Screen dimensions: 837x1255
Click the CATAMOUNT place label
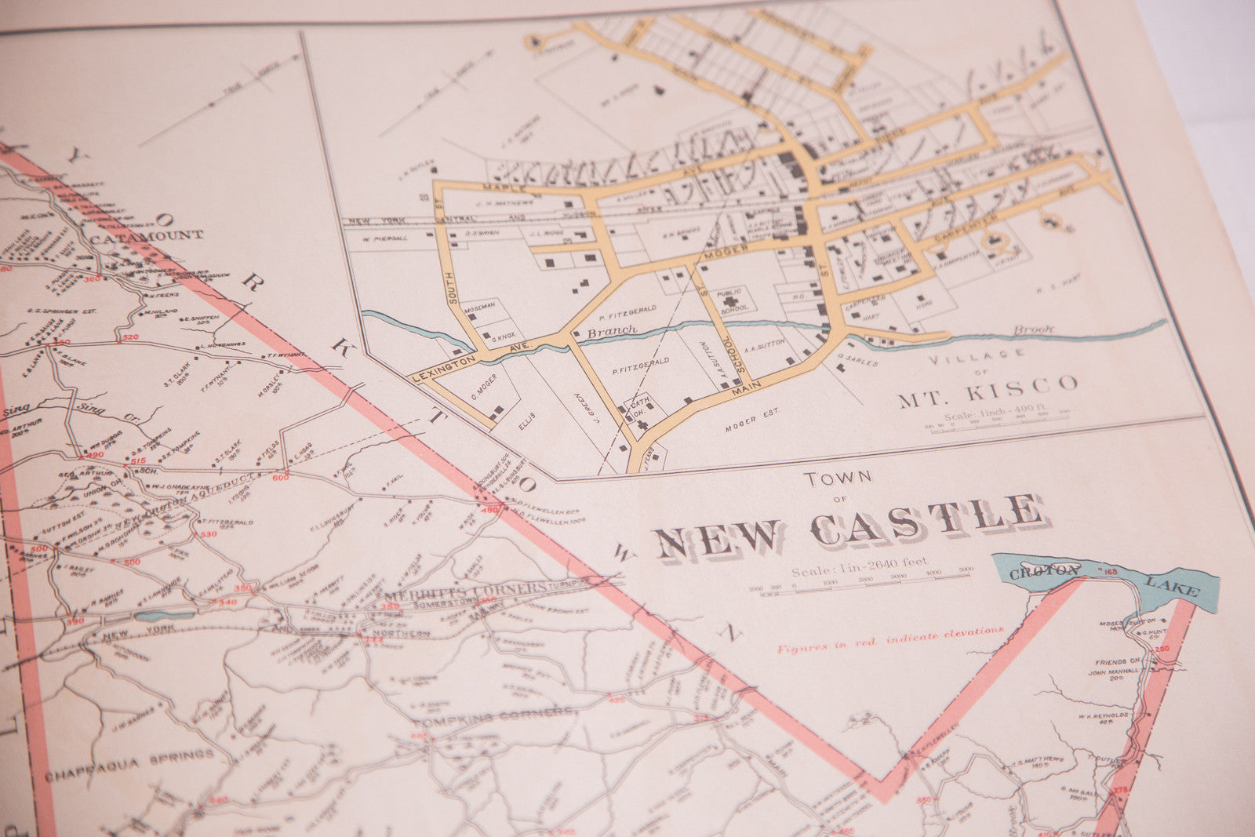pyautogui.click(x=147, y=234)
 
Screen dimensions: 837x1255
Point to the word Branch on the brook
pyautogui.click(x=612, y=331)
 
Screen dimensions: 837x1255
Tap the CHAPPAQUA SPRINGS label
pyautogui.click(x=129, y=757)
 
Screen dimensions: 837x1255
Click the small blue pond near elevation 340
pyautogui.click(x=164, y=614)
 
